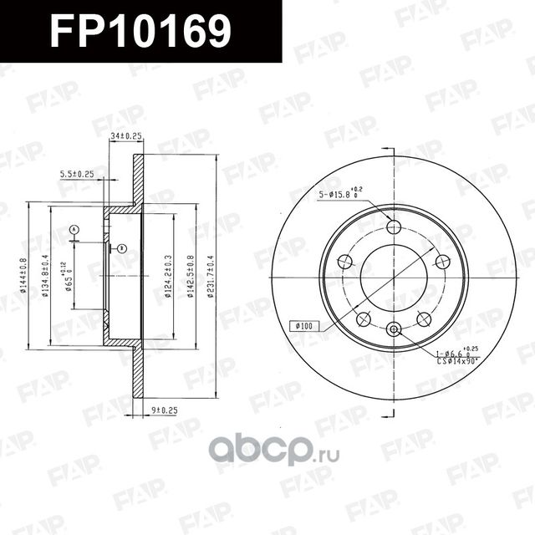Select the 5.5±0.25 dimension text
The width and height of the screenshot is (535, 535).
click(x=77, y=174)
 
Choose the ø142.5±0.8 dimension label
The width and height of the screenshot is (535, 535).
click(x=191, y=273)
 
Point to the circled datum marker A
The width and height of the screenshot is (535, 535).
click(x=74, y=229)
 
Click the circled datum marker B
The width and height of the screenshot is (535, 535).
click(x=121, y=248)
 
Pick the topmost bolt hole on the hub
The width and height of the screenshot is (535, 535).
click(x=394, y=227)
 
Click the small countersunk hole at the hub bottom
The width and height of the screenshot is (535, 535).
click(x=394, y=329)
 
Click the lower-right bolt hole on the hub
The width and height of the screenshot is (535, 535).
click(x=424, y=318)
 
